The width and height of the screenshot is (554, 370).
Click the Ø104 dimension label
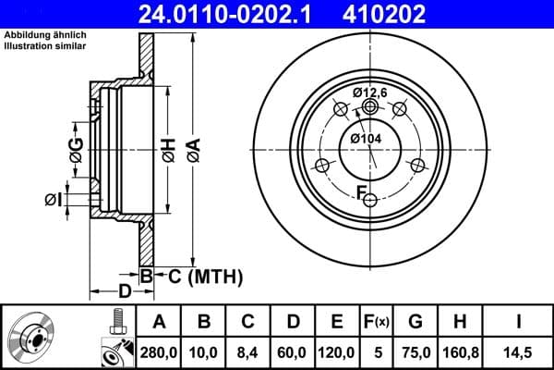366,138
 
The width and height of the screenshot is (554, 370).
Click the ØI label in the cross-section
53,198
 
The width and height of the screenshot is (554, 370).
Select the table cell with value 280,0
160,351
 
